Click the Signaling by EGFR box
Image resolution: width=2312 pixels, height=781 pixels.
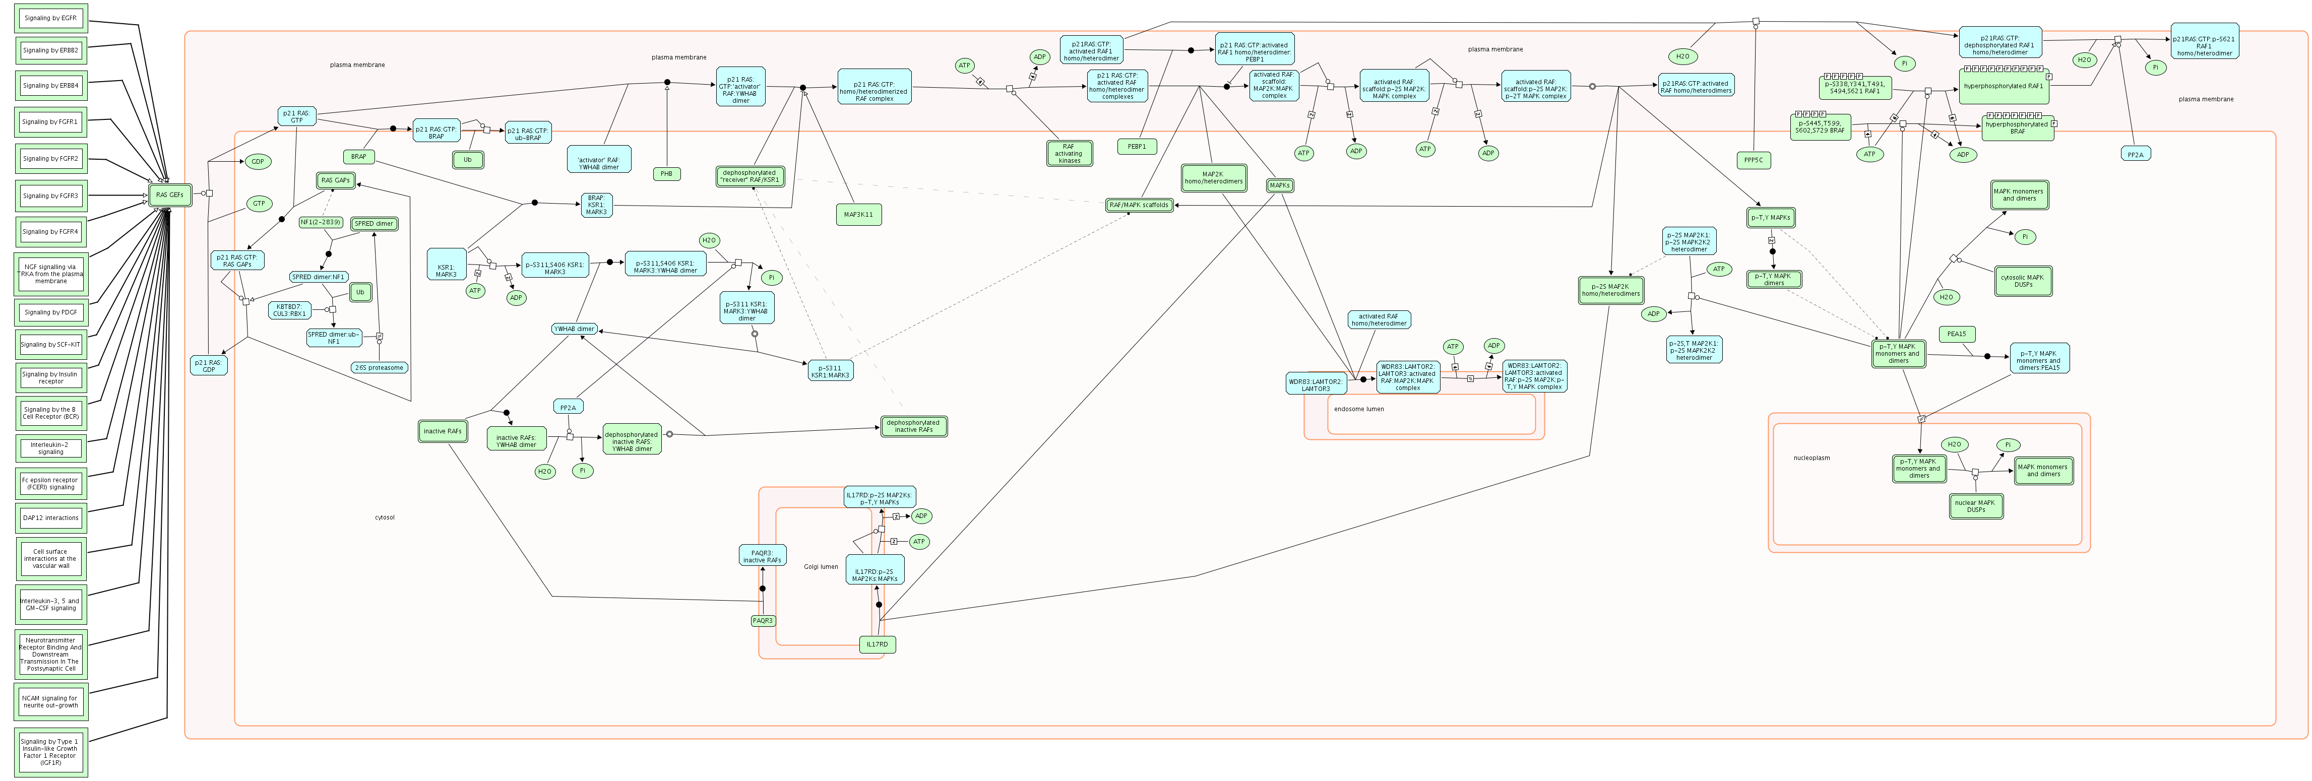pos(50,18)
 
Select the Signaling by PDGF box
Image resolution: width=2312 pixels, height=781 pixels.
pos(50,312)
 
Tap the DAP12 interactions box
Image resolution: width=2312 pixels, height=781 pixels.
pos(50,518)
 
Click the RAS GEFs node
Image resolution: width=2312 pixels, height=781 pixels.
pos(170,195)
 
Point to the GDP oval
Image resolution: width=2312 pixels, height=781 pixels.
pos(258,162)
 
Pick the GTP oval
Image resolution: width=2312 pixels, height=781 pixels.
pos(259,204)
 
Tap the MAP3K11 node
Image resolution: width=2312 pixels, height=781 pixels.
pos(858,215)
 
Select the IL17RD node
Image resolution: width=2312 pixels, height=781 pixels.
pos(877,644)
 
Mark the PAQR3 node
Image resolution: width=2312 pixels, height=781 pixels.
pos(763,620)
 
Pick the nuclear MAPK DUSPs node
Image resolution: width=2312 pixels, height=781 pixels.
pos(1975,506)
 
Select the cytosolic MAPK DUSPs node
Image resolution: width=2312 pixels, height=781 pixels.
pos(2023,281)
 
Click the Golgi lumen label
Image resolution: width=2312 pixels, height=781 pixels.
pos(821,566)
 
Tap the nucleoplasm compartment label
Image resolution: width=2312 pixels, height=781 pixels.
pos(1811,458)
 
